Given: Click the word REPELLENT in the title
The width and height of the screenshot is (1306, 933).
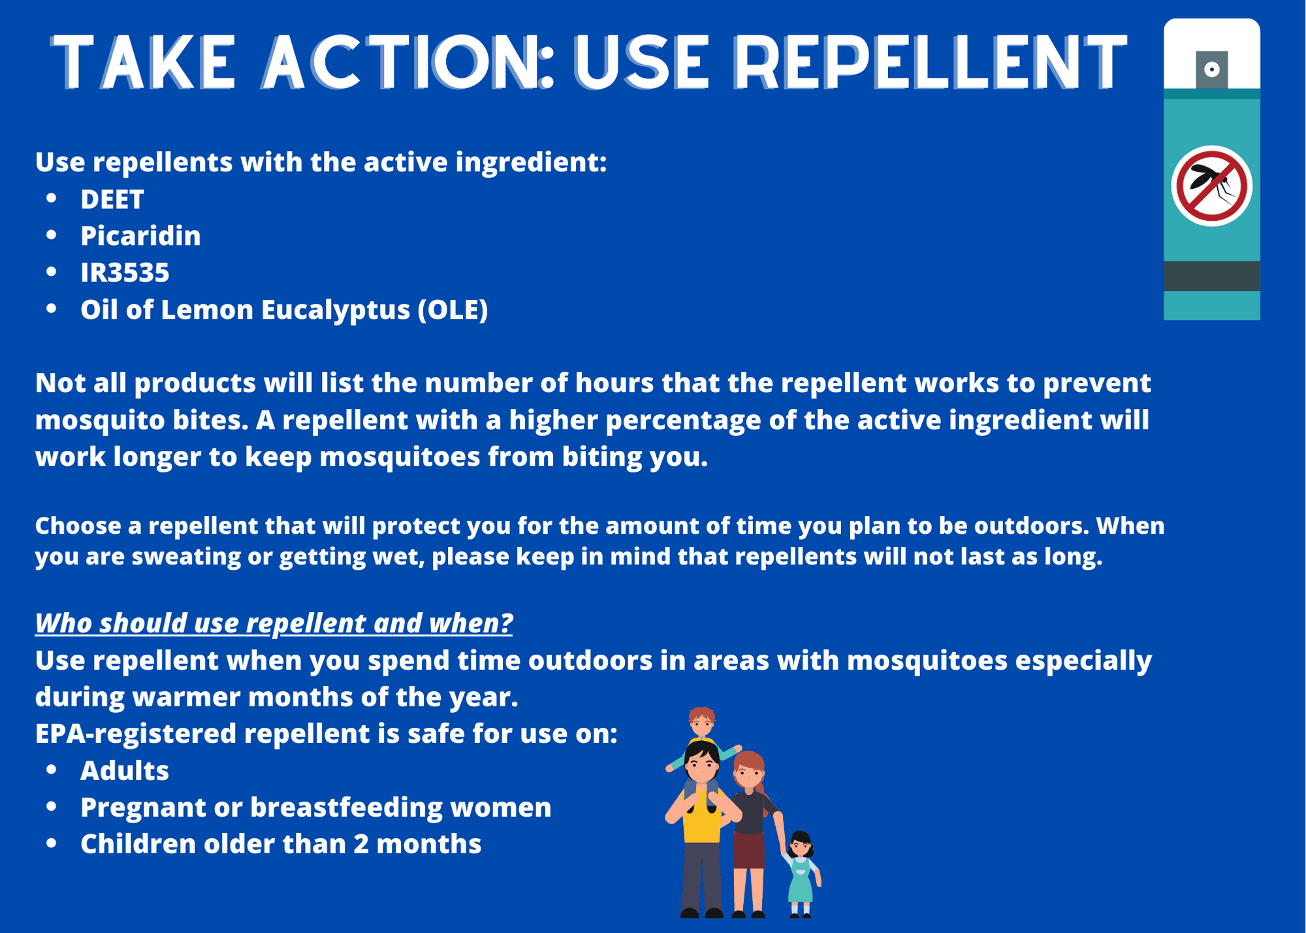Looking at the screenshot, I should [x=930, y=61].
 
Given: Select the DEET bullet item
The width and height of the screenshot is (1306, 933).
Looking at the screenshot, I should [x=112, y=199].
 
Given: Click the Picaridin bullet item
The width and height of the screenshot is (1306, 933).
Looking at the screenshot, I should [x=140, y=236].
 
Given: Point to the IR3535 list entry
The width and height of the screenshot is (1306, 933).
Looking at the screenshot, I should [x=125, y=272].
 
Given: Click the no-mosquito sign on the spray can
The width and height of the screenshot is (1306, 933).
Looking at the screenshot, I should [x=1211, y=186].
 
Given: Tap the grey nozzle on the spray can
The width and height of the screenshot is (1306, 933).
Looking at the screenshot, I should [x=1211, y=69].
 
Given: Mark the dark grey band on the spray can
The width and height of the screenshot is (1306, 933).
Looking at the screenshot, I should [x=1211, y=276].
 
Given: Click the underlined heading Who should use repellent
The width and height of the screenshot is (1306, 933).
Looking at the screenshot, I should [x=274, y=623].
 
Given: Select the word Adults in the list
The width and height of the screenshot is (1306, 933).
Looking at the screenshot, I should [x=125, y=771].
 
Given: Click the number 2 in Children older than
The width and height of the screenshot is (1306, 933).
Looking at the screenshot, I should [x=361, y=844].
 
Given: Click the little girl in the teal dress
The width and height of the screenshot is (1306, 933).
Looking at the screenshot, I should [x=801, y=872].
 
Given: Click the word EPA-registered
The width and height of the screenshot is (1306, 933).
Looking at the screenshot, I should [x=135, y=734].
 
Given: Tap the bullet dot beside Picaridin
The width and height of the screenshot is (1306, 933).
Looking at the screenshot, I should [x=52, y=235].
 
